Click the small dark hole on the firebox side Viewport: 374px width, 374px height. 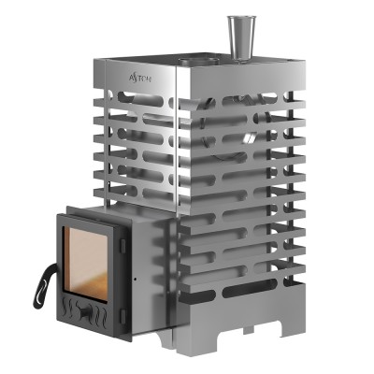pos(137,277)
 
